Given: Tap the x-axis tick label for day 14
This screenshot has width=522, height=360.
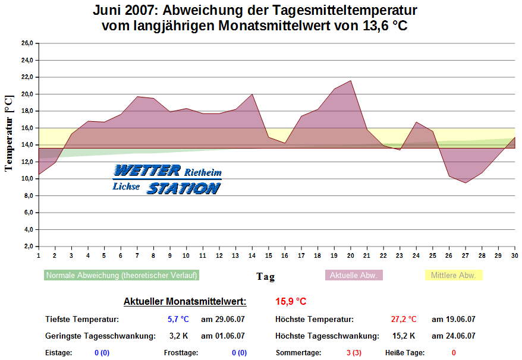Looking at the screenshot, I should (x=251, y=255).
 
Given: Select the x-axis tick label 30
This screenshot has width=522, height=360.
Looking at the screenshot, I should (x=515, y=255).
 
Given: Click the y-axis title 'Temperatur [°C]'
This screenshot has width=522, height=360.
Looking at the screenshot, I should (x=8, y=133).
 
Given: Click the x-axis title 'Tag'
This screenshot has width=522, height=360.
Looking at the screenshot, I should (x=265, y=276).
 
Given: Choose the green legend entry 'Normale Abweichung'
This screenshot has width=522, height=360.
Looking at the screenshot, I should (x=122, y=276).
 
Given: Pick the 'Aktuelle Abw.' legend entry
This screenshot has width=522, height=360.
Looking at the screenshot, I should (x=354, y=276).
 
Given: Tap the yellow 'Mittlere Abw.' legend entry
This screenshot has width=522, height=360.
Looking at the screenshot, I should (x=454, y=276).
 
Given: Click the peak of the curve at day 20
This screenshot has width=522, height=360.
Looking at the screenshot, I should (x=351, y=81).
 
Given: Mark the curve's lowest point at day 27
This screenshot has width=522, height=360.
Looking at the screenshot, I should (x=466, y=182).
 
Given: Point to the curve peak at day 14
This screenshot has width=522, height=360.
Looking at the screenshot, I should (x=252, y=94).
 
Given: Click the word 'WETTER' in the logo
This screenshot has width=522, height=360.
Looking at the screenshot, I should (x=147, y=171).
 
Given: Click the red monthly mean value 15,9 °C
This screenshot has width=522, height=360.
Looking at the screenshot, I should (x=291, y=301).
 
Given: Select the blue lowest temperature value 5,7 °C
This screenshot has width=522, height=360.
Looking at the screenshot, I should (x=177, y=320).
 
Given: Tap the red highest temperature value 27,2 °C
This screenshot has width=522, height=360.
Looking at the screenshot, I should (x=404, y=320).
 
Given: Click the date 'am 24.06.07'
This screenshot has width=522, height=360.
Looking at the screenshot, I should (x=453, y=336).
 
